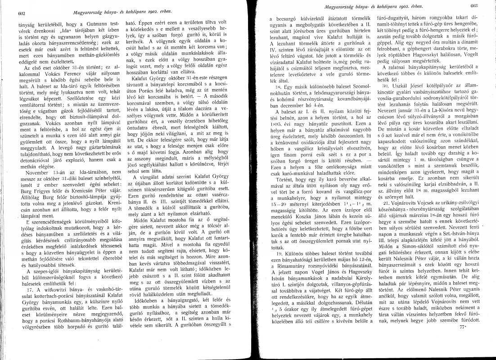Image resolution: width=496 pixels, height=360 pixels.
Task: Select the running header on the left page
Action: coord(109,10)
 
